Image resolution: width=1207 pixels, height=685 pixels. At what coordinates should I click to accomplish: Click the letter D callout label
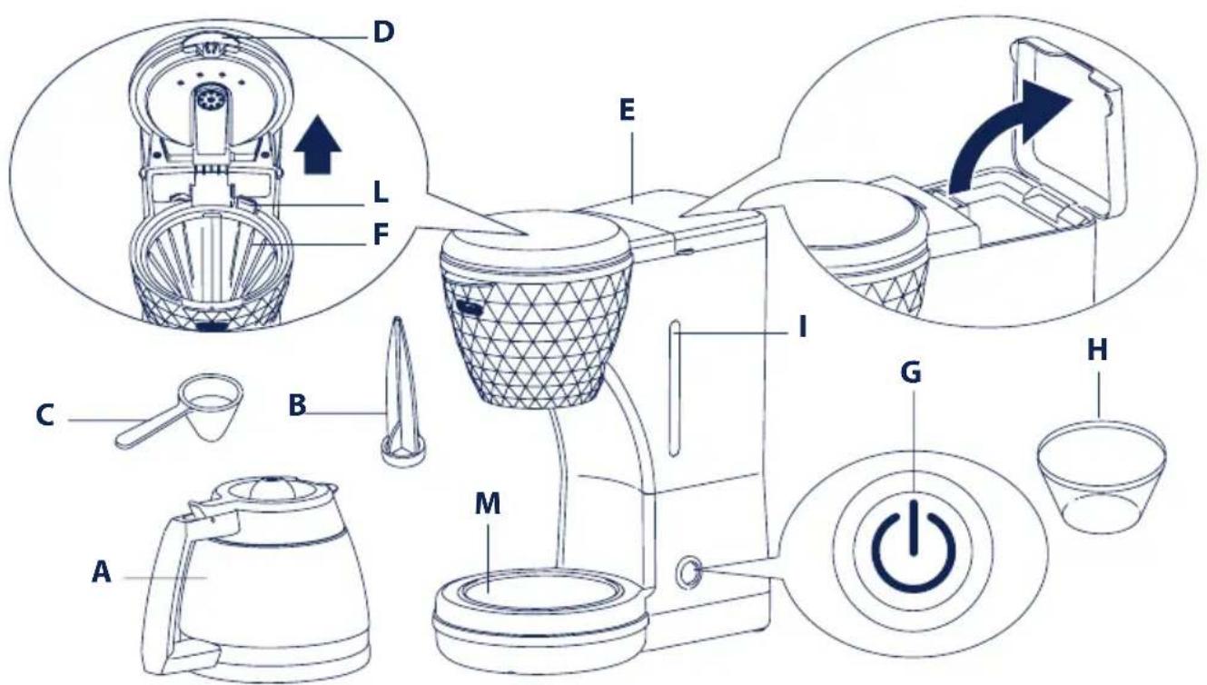click(x=383, y=33)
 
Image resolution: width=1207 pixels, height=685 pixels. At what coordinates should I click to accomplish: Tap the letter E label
click(x=627, y=111)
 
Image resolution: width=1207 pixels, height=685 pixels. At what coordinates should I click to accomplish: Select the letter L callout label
click(x=381, y=193)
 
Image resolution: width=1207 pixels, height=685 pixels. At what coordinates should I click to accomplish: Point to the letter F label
click(x=381, y=235)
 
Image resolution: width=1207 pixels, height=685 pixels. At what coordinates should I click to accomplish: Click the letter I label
click(x=802, y=327)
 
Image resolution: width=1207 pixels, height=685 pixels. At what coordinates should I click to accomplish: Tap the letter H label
click(x=1097, y=351)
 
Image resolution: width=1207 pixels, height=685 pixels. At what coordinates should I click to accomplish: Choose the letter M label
click(x=488, y=504)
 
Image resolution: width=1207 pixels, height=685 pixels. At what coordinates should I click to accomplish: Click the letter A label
click(x=102, y=571)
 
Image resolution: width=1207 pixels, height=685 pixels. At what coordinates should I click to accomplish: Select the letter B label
click(x=297, y=405)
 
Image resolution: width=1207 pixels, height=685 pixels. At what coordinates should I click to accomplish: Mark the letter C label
click(x=45, y=416)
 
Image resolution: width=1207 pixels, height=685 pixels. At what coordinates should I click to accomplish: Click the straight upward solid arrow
click(x=318, y=144)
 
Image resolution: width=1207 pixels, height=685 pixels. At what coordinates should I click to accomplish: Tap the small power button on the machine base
click(x=688, y=573)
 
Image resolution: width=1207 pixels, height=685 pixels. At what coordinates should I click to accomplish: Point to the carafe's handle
click(x=162, y=593)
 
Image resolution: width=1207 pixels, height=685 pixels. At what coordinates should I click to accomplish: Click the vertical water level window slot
click(x=674, y=389)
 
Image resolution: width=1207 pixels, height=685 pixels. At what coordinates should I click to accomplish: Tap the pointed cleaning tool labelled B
click(x=401, y=391)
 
